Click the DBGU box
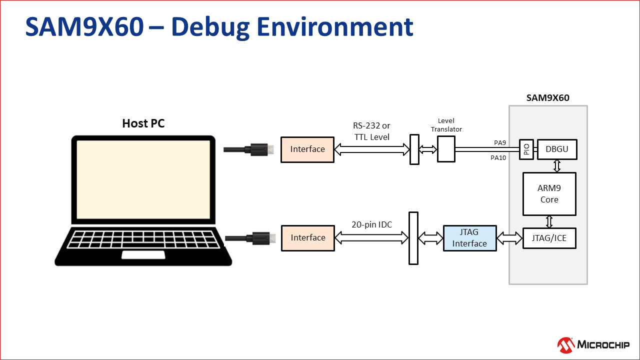click(x=557, y=149)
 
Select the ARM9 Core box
click(x=549, y=193)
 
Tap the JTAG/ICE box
click(x=549, y=238)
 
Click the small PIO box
click(x=526, y=149)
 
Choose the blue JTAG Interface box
click(x=469, y=238)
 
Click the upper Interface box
click(x=307, y=149)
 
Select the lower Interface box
click(x=307, y=238)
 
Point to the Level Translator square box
click(x=446, y=149)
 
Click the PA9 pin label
click(x=499, y=142)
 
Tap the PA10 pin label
click(x=498, y=158)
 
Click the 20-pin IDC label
click(x=371, y=225)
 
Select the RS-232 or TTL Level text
click(x=371, y=131)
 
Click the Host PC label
click(x=143, y=123)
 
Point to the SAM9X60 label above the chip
click(x=547, y=97)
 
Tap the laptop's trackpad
click(x=143, y=255)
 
